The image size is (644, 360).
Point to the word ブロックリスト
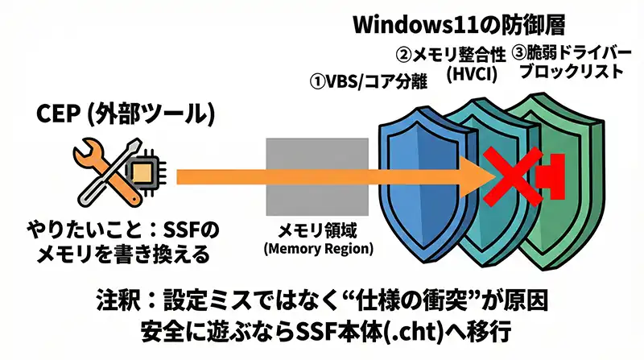coord(570,71)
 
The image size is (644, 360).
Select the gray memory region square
coord(298,175)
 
